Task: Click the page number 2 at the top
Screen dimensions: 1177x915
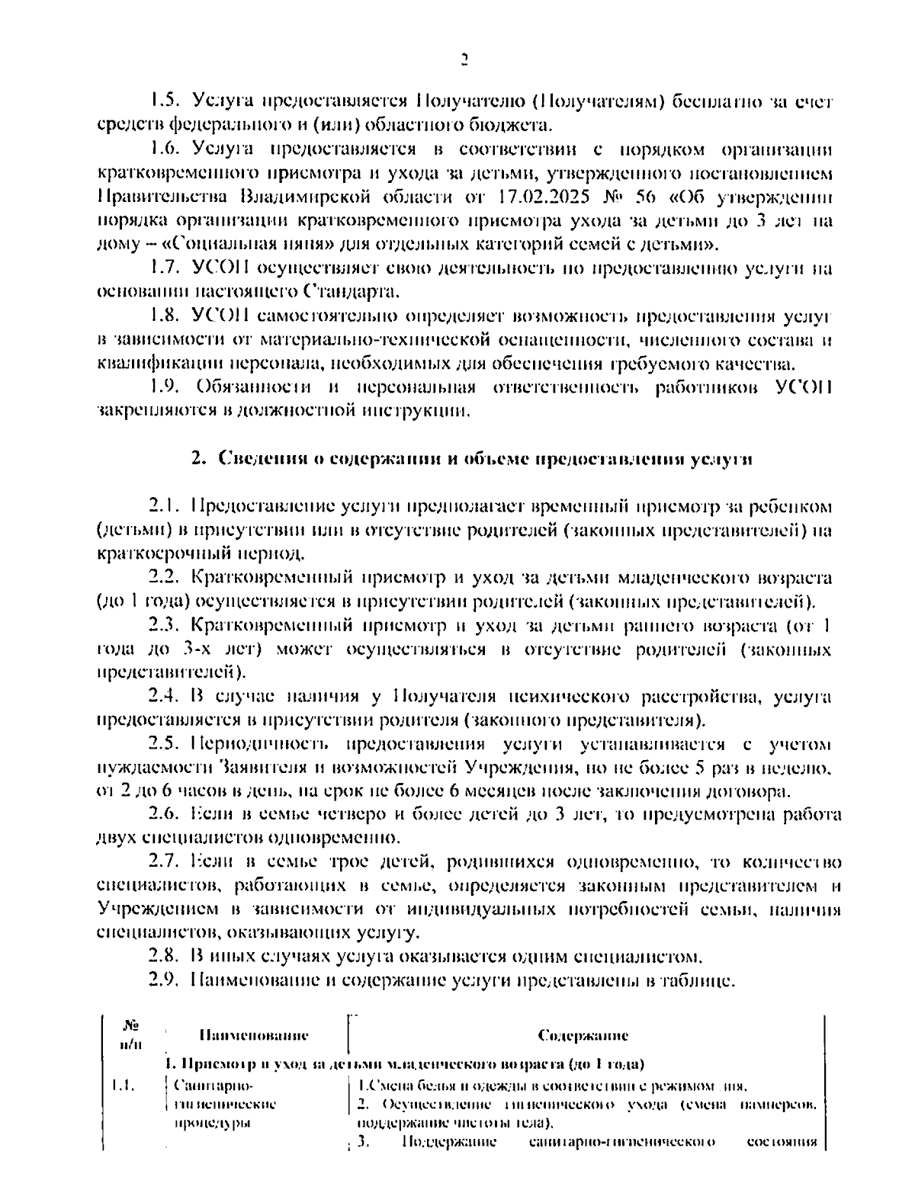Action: click(x=464, y=59)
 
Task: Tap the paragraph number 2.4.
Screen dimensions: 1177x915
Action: click(x=164, y=696)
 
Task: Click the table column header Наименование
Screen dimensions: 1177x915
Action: click(x=254, y=1035)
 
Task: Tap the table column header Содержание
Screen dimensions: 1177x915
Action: click(x=583, y=1035)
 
